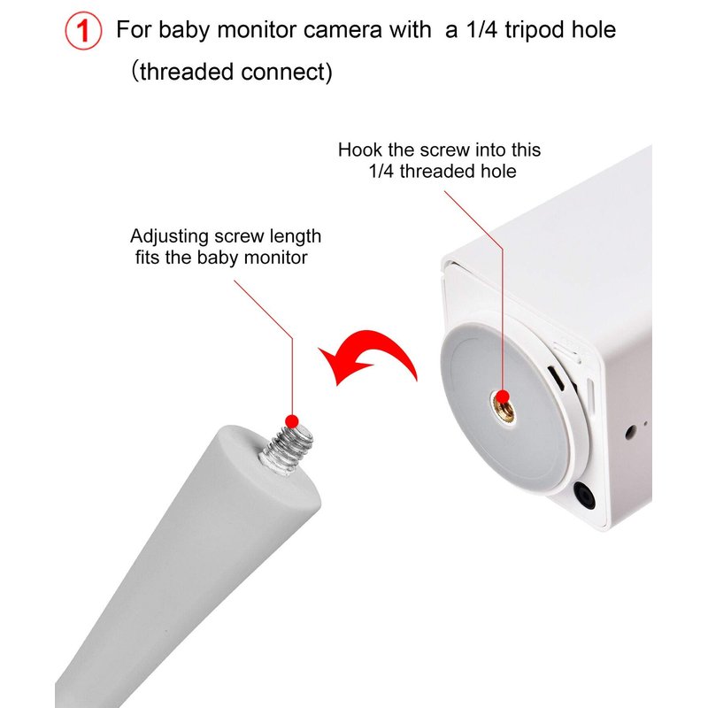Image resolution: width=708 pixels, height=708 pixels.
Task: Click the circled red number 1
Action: pos(83,31)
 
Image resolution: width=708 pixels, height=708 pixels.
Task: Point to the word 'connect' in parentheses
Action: pos(282,72)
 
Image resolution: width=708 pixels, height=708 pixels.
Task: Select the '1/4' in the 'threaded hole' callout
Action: pos(381,171)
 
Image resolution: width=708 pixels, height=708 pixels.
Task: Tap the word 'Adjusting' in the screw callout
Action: pos(169,237)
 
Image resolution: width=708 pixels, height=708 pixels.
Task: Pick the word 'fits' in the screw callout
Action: pos(148,258)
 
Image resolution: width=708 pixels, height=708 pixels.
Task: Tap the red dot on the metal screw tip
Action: pos(292,422)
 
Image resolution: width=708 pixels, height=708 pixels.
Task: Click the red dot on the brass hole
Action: pos(502,397)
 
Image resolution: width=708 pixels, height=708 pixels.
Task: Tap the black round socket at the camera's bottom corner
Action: pos(584,496)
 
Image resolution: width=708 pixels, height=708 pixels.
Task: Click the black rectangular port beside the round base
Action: pos(557,379)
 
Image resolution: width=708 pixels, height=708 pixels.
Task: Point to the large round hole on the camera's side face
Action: pos(631,433)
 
